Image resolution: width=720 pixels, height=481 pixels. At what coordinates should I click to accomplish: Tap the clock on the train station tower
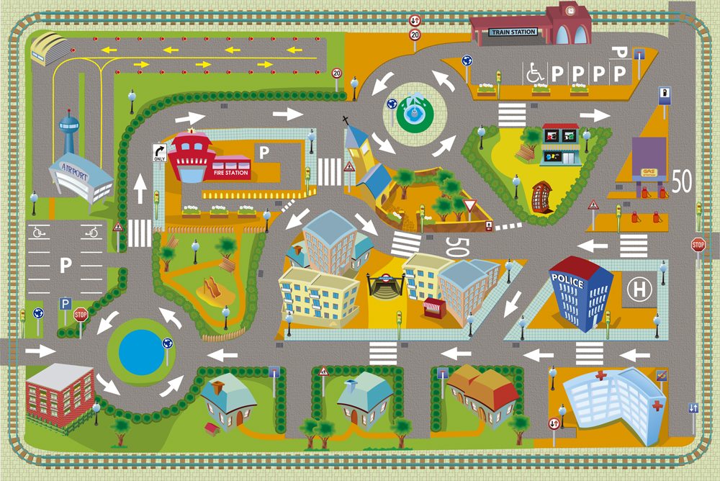(572, 11)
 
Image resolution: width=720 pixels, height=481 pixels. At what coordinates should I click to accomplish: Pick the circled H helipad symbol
(637, 290)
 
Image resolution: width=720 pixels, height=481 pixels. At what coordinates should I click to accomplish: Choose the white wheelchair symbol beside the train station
(535, 72)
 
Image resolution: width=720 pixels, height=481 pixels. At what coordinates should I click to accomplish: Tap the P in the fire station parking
(264, 152)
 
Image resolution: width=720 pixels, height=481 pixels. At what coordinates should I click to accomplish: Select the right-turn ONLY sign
(159, 153)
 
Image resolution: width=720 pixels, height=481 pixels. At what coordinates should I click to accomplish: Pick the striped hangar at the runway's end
(50, 48)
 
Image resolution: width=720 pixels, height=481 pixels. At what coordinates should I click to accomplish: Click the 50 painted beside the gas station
(682, 181)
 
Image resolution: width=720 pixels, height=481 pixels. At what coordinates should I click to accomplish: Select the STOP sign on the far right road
(698, 244)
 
